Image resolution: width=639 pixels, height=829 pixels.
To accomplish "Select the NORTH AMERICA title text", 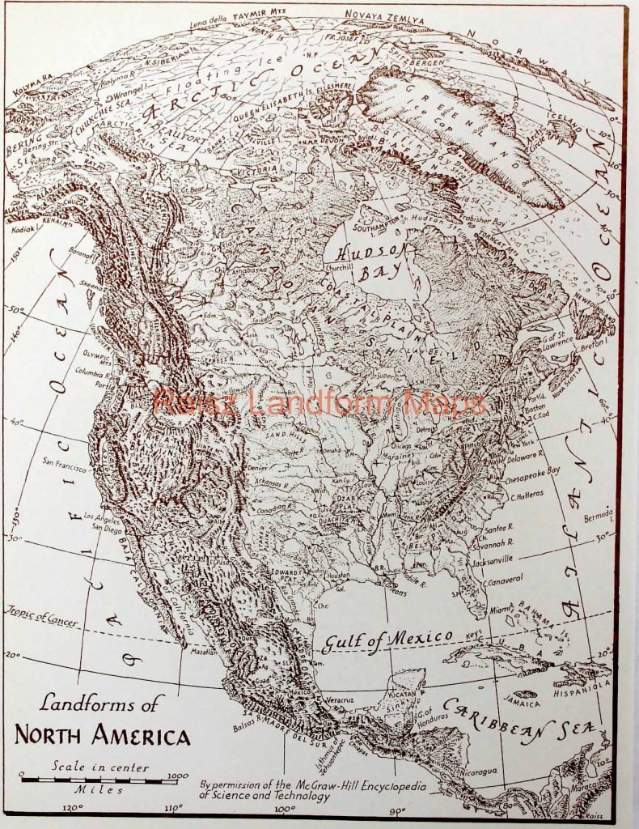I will tap(103, 736).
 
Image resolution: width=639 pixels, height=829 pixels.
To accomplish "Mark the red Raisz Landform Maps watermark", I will tap(319, 402).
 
